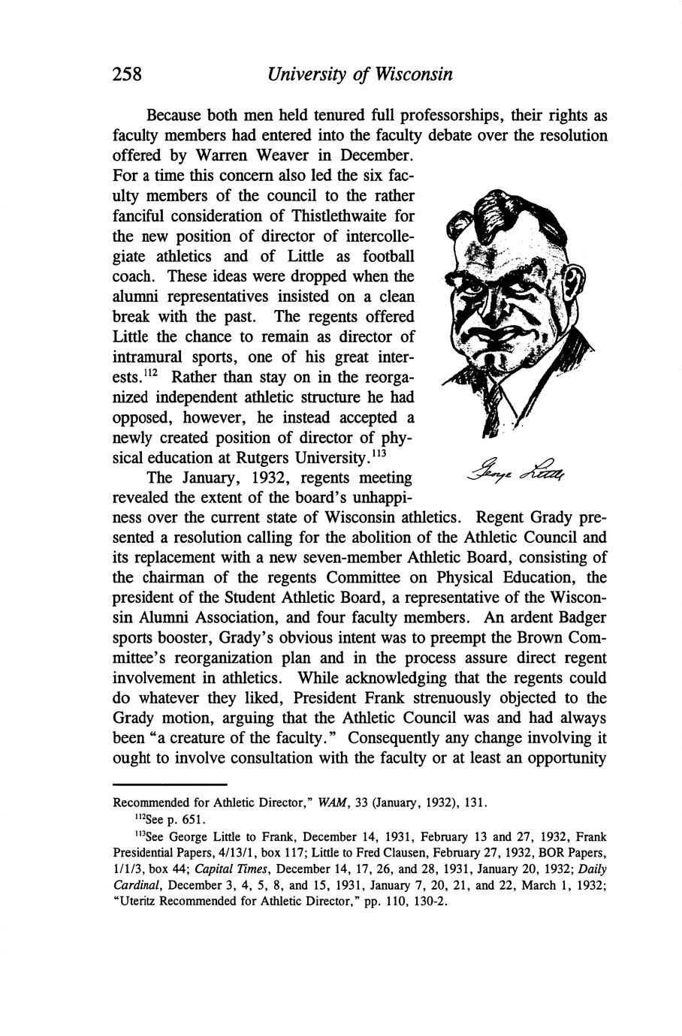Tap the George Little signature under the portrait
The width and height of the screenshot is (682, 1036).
tap(519, 471)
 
